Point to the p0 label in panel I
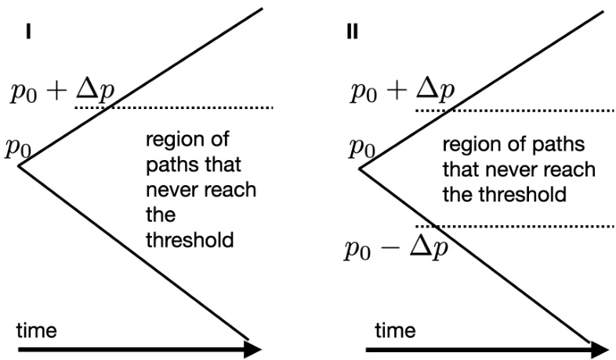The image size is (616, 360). click(x=21, y=147)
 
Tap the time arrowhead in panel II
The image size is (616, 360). click(x=600, y=348)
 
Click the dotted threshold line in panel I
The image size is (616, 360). click(x=196, y=107)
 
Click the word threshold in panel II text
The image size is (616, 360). click(x=527, y=193)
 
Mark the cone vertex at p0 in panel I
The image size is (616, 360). click(x=19, y=166)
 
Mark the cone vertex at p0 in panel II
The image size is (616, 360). click(x=360, y=168)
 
